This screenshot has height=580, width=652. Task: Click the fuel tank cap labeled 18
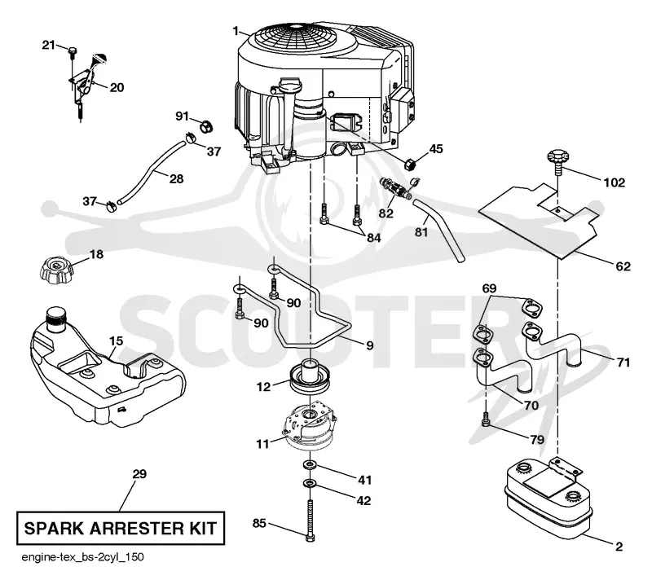tap(57, 271)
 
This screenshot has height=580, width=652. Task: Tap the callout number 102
tap(615, 182)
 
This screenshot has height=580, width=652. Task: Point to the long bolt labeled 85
tap(310, 520)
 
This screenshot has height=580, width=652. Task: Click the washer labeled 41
tap(309, 464)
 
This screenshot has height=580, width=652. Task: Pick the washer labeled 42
tap(310, 483)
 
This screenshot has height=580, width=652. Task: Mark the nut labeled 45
tap(411, 164)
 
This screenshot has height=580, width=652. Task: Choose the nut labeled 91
tap(206, 126)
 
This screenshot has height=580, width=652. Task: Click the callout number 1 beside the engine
tap(236, 31)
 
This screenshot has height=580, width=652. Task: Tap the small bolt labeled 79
tap(486, 419)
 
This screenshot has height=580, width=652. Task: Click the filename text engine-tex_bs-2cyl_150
tap(82, 557)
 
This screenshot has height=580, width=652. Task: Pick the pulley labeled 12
tap(310, 376)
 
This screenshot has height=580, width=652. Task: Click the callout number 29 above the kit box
tap(139, 473)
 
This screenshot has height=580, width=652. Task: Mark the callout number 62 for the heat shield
tap(623, 266)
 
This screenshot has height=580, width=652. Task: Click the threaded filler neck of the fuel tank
tap(56, 319)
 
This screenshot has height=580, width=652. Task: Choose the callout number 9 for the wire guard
tap(370, 345)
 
